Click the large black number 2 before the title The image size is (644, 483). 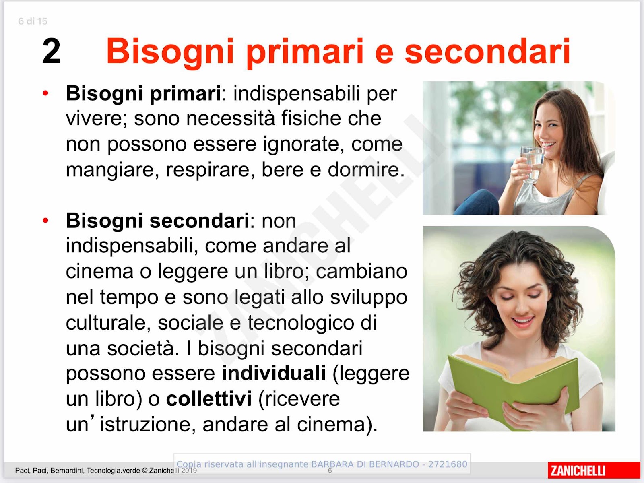click(51, 51)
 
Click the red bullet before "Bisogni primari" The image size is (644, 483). click(45, 93)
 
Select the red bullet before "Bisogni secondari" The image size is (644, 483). click(45, 220)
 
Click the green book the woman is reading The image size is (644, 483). click(514, 390)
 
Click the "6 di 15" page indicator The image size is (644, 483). click(33, 21)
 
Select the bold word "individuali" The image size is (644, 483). click(274, 373)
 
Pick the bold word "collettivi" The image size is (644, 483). click(209, 398)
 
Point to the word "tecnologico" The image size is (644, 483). click(301, 323)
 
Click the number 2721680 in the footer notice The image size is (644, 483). click(448, 464)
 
